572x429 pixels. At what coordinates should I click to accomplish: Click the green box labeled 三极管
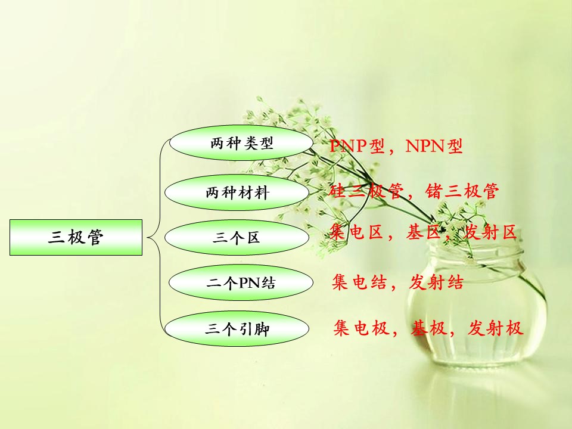coord(76,237)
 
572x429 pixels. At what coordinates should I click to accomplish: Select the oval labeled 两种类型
coord(241,143)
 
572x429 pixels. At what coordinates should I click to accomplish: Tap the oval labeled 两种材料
coord(237,192)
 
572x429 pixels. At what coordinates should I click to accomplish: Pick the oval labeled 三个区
coord(237,238)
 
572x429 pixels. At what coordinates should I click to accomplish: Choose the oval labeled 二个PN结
coord(241,282)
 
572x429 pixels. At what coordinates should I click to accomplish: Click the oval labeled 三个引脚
coord(237,329)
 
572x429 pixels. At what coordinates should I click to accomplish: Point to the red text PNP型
coord(357,146)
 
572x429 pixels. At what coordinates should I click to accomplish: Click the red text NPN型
coord(434,146)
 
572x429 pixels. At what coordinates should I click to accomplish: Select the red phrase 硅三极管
coord(366,191)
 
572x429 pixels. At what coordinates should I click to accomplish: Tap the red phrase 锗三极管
coord(461,191)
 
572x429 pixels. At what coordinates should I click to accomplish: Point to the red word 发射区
coord(490,232)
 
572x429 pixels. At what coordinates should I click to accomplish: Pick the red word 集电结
coord(359,282)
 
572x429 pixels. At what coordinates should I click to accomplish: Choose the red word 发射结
coord(436,282)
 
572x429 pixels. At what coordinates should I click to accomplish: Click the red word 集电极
coord(361,328)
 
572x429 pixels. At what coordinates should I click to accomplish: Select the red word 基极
coord(428,328)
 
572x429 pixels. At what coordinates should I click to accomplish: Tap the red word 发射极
coord(495,328)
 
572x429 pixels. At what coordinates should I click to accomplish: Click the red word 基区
coord(424,232)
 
